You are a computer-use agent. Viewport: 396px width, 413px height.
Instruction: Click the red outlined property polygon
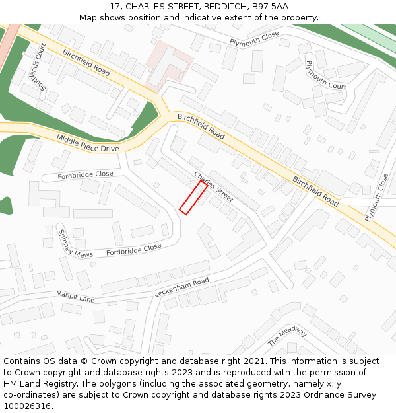(194, 198)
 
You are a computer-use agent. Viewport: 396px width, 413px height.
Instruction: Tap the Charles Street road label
(213, 187)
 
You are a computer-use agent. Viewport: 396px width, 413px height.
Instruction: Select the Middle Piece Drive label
(87, 143)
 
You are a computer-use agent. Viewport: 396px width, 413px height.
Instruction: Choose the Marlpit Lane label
(75, 297)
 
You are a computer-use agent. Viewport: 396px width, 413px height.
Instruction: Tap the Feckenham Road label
(181, 287)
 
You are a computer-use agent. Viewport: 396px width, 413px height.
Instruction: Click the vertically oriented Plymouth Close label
(377, 197)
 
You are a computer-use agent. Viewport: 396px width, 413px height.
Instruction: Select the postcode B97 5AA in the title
(270, 6)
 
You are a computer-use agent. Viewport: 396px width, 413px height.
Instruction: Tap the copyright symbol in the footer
(84, 361)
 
